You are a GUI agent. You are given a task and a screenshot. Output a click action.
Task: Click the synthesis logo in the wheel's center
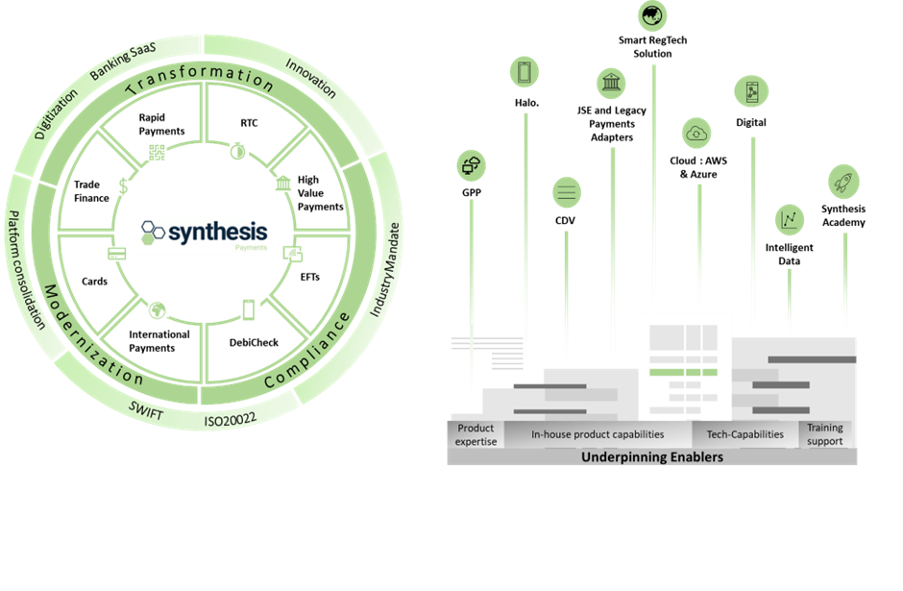click(x=203, y=233)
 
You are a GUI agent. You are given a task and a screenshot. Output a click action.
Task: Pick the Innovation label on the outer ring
click(x=311, y=77)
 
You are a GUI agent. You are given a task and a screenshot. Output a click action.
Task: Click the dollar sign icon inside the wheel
click(x=123, y=186)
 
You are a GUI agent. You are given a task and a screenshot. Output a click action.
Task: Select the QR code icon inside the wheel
click(x=157, y=152)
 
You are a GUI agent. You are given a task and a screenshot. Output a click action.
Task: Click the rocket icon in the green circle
click(x=844, y=183)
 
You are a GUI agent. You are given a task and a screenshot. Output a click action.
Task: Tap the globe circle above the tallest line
click(x=653, y=14)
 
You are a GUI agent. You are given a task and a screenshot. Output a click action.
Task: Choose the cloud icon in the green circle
click(x=697, y=135)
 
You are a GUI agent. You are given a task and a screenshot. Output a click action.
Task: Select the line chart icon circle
click(x=790, y=219)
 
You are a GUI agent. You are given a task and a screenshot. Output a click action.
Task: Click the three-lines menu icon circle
click(x=567, y=192)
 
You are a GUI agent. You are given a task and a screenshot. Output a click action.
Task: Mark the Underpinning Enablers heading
click(x=651, y=457)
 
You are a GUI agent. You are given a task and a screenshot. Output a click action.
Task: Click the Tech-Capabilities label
click(x=744, y=434)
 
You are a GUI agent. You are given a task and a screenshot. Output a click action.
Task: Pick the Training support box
click(x=825, y=434)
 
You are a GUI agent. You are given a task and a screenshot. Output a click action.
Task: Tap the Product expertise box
click(x=476, y=434)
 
